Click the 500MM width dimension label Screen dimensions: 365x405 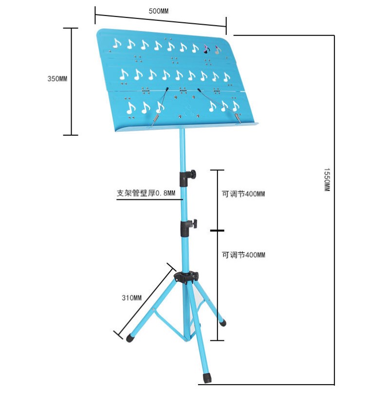point(159,11)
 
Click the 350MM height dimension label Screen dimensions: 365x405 point(57,79)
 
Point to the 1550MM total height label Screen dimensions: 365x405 point(327,180)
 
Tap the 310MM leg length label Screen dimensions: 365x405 point(131,298)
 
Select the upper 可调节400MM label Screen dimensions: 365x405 point(243,194)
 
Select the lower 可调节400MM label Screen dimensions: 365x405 point(243,255)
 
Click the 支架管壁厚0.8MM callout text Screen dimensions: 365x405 point(146,193)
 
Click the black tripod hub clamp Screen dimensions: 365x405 point(186,278)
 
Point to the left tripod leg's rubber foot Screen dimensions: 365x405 point(130,338)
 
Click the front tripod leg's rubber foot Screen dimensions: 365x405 point(207,378)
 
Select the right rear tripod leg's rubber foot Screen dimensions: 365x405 point(222,322)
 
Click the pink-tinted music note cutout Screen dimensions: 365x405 point(206,49)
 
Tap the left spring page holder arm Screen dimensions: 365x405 point(160,106)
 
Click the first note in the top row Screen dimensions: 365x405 point(117,43)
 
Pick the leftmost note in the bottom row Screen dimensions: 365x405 point(131,108)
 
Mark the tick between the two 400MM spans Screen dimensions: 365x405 point(217,230)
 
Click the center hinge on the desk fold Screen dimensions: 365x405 point(183,90)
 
